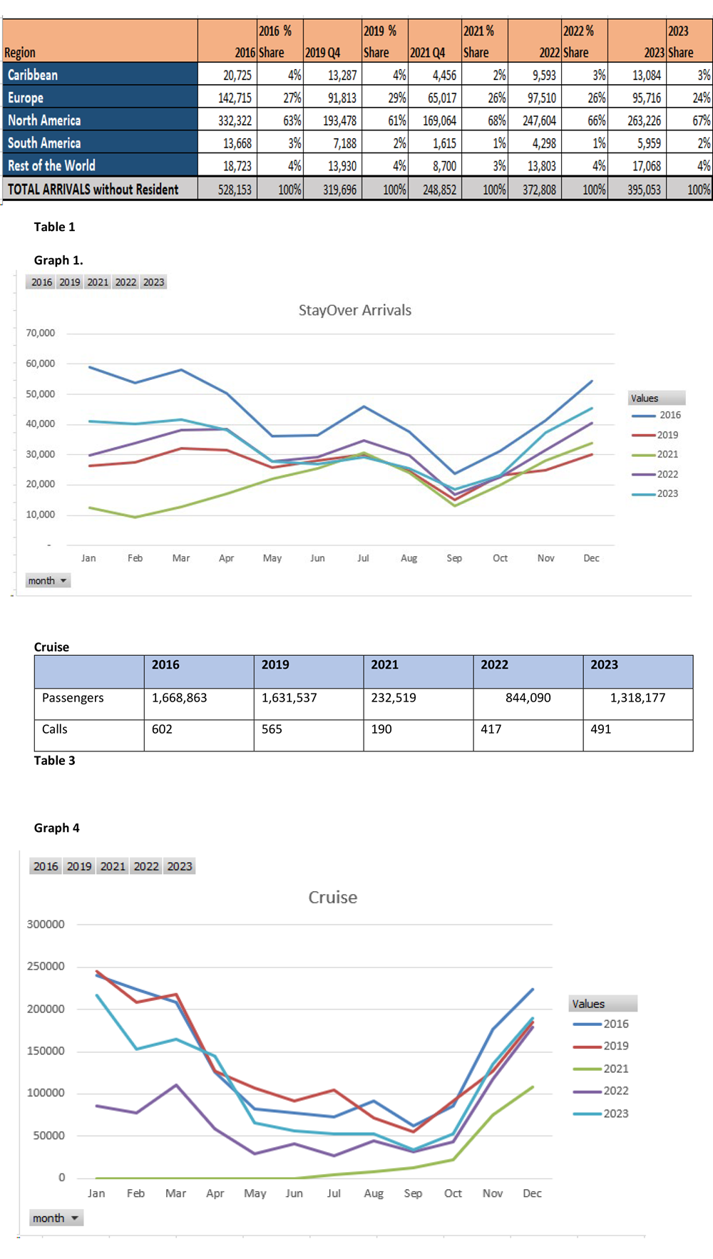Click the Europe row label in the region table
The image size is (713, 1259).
pyautogui.click(x=26, y=98)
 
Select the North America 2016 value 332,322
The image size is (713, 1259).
pyautogui.click(x=235, y=120)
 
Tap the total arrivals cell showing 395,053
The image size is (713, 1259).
pyautogui.click(x=644, y=190)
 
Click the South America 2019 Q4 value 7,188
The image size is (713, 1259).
pyautogui.click(x=344, y=143)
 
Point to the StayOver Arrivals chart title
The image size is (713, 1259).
pyautogui.click(x=354, y=310)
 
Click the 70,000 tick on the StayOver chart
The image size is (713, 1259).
pyautogui.click(x=41, y=333)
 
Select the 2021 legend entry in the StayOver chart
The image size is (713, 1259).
pyautogui.click(x=667, y=454)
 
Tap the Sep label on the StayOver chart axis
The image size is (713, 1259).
pyautogui.click(x=454, y=558)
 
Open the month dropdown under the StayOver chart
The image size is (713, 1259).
pyautogui.click(x=48, y=581)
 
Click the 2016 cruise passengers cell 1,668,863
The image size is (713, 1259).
pyautogui.click(x=179, y=698)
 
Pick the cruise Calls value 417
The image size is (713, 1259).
pyautogui.click(x=491, y=729)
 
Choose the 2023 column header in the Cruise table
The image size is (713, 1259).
pyautogui.click(x=604, y=664)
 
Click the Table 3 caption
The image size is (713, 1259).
pyautogui.click(x=54, y=761)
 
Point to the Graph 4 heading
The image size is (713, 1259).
pyautogui.click(x=56, y=828)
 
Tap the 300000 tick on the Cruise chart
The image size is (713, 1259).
pyautogui.click(x=46, y=925)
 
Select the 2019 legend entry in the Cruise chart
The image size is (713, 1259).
pyautogui.click(x=615, y=1046)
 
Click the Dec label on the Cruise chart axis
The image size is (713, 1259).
pyautogui.click(x=532, y=1193)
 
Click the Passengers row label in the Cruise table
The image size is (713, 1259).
pyautogui.click(x=73, y=698)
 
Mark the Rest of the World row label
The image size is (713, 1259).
pyautogui.click(x=51, y=165)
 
